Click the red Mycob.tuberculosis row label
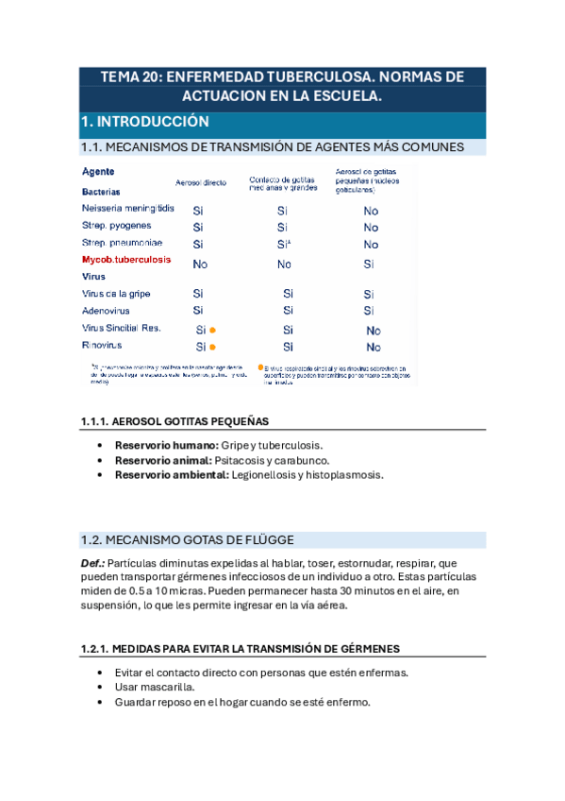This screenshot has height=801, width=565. [x=126, y=259]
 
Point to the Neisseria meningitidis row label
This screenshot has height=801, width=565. [x=128, y=208]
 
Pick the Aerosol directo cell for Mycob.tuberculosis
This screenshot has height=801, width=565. [x=200, y=264]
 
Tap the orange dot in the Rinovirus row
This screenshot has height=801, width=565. [x=213, y=348]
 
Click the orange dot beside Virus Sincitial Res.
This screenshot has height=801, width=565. [x=213, y=330]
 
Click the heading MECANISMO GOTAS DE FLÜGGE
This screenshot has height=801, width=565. [x=200, y=540]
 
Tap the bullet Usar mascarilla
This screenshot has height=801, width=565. [x=156, y=688]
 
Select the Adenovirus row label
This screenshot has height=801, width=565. [x=106, y=310]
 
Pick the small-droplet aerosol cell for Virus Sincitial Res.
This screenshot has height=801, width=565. [x=374, y=331]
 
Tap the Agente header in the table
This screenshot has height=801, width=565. [x=99, y=172]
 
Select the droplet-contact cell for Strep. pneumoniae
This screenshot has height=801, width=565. [x=283, y=244]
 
